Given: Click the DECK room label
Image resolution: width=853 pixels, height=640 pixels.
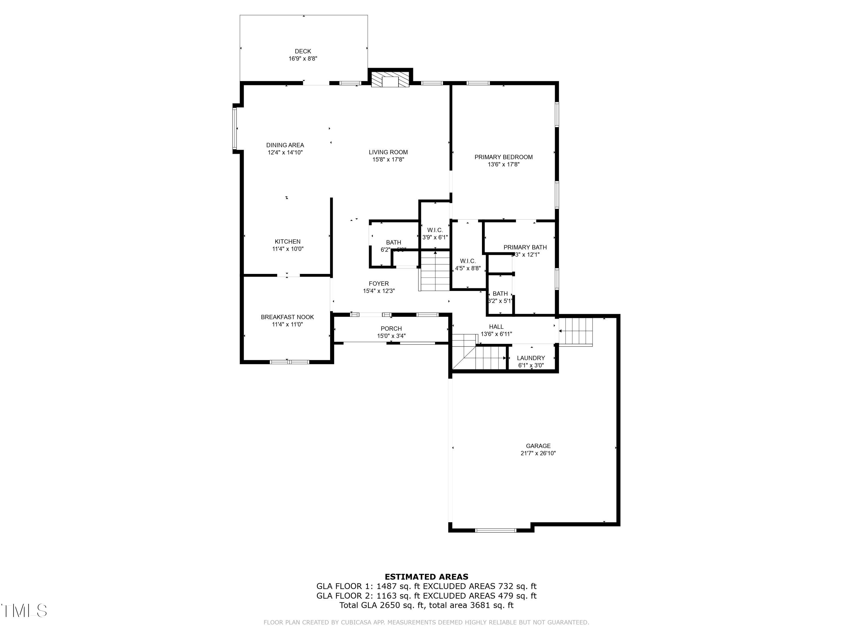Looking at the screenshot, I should coord(303,51).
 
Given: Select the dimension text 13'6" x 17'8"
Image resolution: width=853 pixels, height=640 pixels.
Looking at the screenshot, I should coord(503,164).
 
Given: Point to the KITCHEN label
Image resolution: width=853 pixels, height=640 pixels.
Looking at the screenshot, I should coord(287,242).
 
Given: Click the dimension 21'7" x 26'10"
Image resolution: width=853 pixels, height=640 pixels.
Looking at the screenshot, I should coord(538,453).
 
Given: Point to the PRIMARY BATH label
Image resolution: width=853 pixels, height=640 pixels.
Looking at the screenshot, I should coord(525,247).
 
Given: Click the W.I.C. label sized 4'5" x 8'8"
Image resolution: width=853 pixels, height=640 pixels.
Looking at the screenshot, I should coord(468,261).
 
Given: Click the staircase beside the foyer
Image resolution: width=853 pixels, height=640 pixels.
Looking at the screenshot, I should coord(434,271).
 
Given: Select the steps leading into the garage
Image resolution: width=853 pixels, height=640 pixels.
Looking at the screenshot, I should coord(575,331).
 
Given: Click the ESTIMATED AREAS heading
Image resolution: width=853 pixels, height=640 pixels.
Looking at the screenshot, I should coord(426,577).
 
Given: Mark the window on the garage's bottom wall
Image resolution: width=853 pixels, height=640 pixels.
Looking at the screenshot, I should coord(496,530).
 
